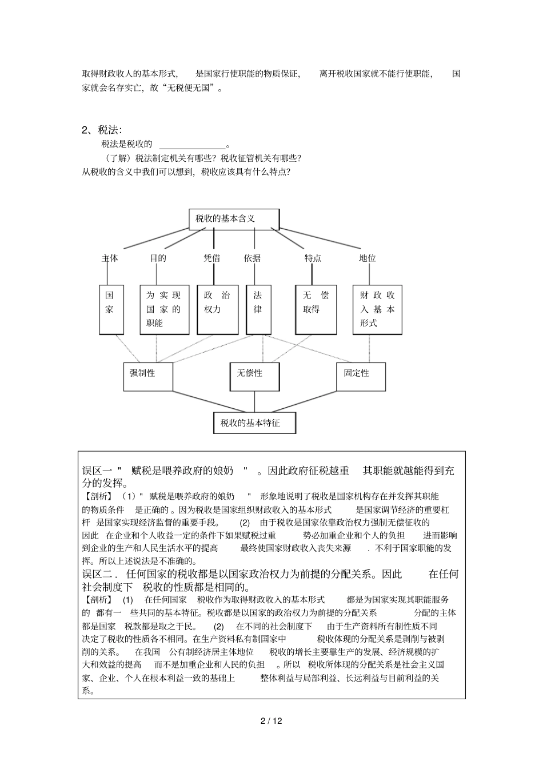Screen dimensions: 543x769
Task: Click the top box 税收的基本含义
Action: (234, 219)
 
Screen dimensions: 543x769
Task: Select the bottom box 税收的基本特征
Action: (254, 423)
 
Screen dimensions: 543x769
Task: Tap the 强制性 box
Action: (147, 376)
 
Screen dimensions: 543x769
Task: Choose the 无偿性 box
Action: (254, 376)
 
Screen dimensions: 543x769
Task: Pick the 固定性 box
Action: (360, 376)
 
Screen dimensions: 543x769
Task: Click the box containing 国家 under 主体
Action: (111, 309)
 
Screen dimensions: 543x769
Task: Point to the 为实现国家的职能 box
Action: (164, 309)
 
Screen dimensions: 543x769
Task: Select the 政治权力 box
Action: (217, 309)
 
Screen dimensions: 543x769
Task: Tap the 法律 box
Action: (258, 309)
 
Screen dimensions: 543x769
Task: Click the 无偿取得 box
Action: (316, 309)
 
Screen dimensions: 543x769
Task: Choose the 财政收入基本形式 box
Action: (377, 309)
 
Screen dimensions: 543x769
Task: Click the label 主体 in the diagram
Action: (110, 258)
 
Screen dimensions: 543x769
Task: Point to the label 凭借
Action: (212, 258)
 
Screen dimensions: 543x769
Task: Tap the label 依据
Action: (252, 258)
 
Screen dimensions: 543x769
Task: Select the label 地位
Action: (368, 258)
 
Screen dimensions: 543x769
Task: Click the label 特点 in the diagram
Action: (313, 258)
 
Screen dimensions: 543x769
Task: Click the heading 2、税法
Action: (102, 130)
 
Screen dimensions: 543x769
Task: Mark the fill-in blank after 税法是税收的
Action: (191, 144)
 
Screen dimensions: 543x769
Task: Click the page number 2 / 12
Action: (271, 720)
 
